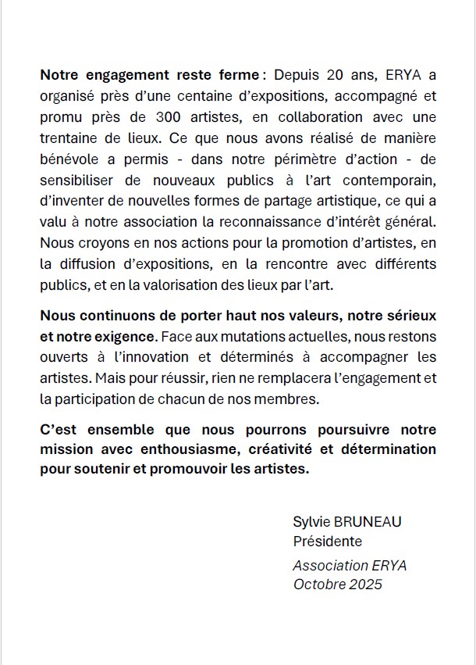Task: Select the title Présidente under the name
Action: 327,541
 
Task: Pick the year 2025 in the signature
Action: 367,584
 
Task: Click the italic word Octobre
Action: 318,584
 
